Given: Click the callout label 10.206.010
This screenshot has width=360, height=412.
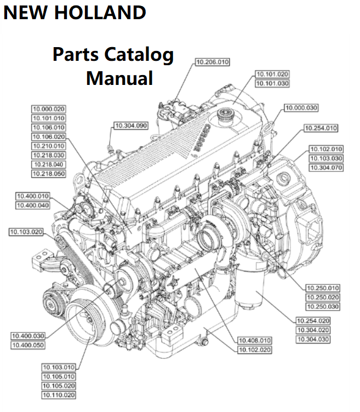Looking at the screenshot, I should coord(212,62).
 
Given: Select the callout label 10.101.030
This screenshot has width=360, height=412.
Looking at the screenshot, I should coord(272,83).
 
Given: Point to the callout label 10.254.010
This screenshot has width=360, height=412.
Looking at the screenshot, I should coord(321,128).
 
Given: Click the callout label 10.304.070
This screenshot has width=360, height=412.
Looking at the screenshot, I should coord(326,167).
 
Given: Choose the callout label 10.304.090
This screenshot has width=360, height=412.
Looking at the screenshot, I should coord(131,126).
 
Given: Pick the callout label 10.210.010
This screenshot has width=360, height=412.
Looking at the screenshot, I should coord(48,146).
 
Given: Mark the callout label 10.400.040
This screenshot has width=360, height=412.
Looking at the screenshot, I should coord(32,205).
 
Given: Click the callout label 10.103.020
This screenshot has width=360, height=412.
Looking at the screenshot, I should coord(26,232).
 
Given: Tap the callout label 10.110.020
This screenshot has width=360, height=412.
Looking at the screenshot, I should coord(59,395).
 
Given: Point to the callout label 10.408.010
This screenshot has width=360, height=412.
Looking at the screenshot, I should coord(255,340).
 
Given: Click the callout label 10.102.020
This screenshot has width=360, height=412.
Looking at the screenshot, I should coord(255,350).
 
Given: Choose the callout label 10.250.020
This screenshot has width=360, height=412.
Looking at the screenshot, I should coord(323,297).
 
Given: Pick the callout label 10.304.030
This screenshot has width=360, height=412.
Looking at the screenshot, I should coord(313,339).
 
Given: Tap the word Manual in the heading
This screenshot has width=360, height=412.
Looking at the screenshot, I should coord(119,77).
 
